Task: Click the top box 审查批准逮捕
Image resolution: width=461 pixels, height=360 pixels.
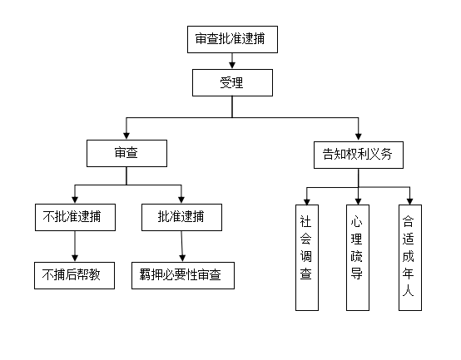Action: [x=232, y=39]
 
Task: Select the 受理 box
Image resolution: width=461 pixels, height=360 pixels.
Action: [x=232, y=82]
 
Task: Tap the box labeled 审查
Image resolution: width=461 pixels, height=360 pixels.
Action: [x=126, y=153]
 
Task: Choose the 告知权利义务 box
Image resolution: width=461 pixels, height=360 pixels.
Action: [x=359, y=155]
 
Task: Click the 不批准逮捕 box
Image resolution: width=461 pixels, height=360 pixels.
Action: [x=75, y=217]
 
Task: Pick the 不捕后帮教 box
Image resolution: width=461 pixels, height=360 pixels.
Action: [x=74, y=275]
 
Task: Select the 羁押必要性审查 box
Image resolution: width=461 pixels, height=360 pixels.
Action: [x=183, y=275]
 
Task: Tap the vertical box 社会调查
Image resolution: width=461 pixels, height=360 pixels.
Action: [x=307, y=258]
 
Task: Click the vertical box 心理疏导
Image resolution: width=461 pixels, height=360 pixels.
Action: [x=358, y=258]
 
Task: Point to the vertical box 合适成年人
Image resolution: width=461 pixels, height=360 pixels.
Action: [x=410, y=258]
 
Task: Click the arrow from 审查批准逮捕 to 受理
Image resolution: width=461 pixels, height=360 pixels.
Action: [x=232, y=61]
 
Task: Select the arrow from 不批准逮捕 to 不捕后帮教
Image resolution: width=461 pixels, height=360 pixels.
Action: [x=75, y=246]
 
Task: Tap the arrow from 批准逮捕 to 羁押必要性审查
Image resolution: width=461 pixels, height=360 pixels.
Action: [x=181, y=246]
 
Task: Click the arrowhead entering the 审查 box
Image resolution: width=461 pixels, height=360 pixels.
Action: [x=126, y=136]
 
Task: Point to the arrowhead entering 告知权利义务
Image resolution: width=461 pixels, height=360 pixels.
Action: [x=358, y=137]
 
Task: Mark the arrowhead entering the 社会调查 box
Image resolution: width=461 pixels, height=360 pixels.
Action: [x=307, y=201]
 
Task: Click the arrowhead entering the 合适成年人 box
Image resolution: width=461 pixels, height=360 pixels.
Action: [x=410, y=201]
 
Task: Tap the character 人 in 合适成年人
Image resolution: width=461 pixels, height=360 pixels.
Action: [x=408, y=291]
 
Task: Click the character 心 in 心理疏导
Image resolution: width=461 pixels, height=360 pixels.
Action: [x=356, y=221]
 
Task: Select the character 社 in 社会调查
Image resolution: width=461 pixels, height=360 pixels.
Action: [x=305, y=221]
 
